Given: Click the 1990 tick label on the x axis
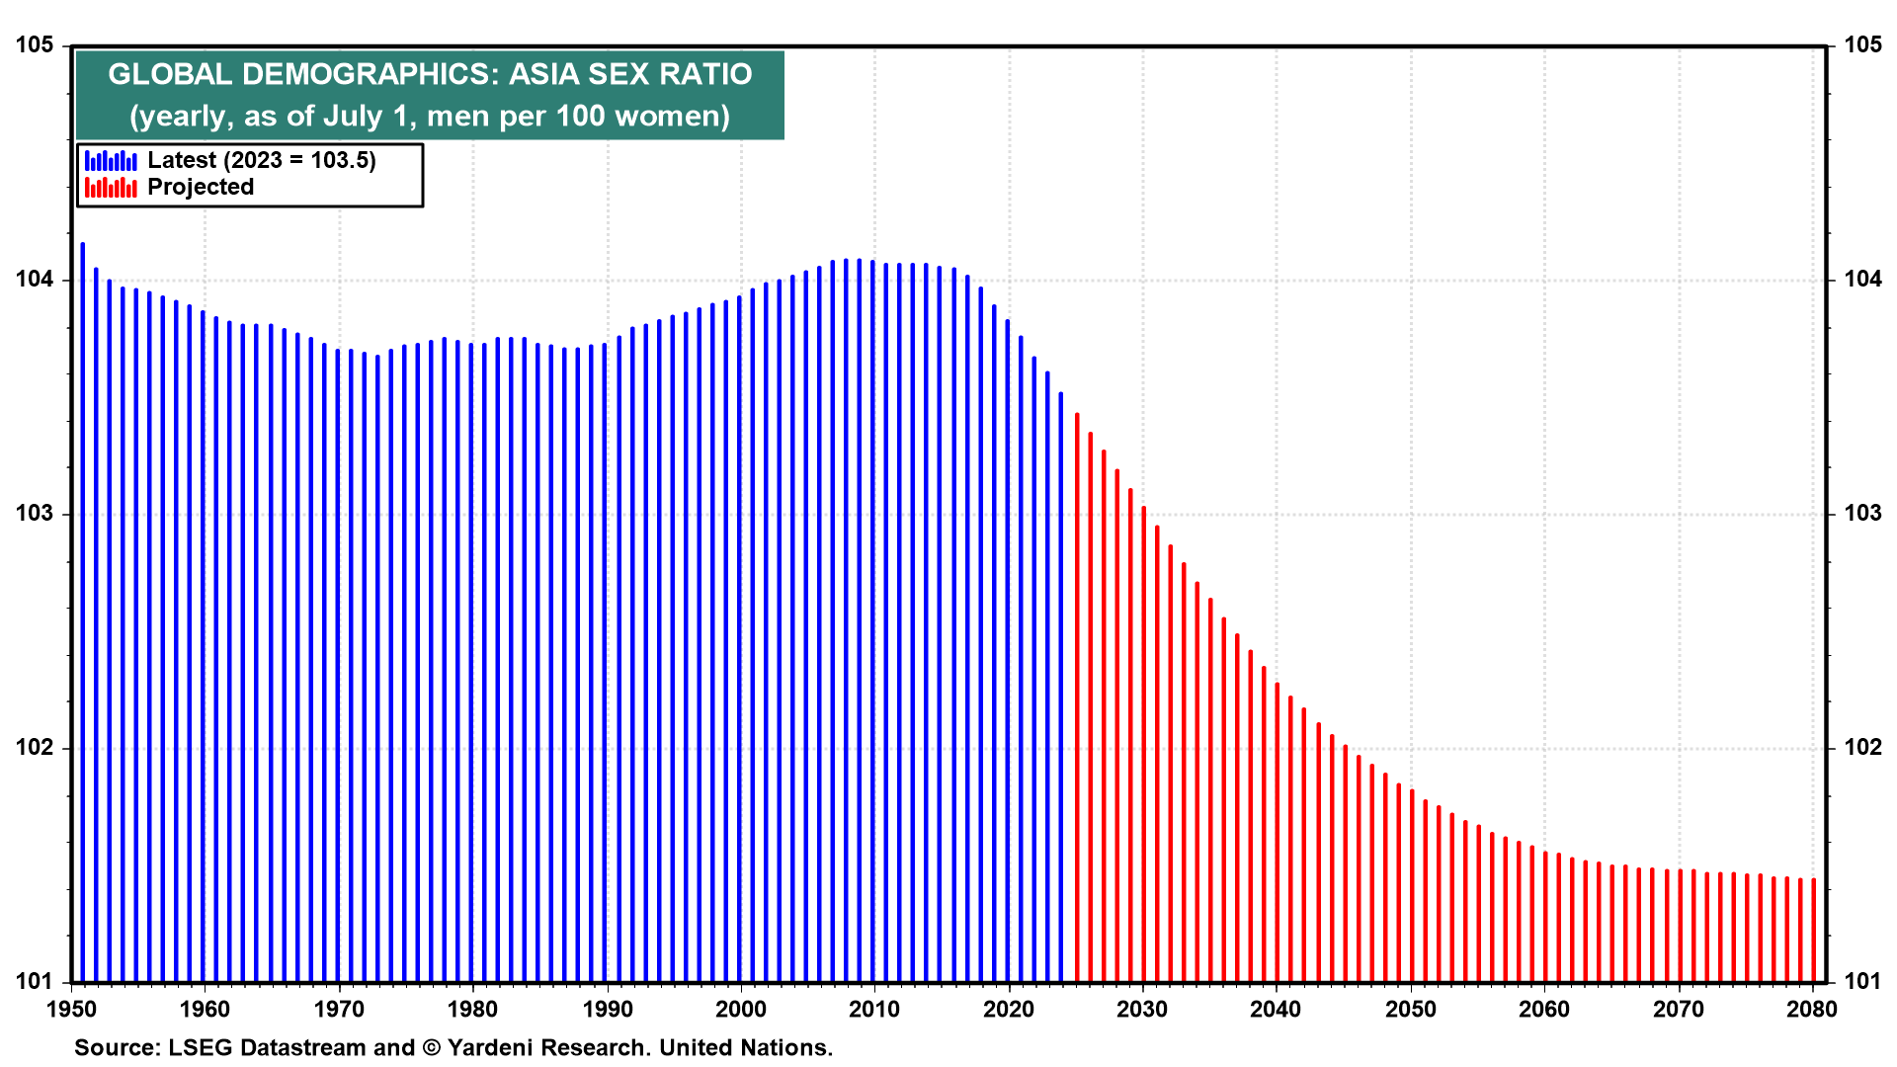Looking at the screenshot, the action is coord(608,1009).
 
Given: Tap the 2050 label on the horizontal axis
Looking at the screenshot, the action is coord(1410,1009).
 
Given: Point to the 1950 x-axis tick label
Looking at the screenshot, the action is coord(72,1009).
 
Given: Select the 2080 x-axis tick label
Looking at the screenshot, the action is coord(1812,1009).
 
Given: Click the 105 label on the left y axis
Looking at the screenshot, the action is coord(34,45).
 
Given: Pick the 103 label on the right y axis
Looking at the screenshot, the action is coord(1862,513).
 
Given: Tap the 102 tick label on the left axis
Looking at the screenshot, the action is coord(34,747).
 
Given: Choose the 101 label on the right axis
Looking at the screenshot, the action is coord(1862,981).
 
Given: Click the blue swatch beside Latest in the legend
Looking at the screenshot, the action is coord(111,160).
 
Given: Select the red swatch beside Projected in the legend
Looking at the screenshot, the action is coord(111,187).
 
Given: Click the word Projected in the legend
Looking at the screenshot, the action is coord(201,187).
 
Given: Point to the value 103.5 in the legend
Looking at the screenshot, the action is coord(339,160).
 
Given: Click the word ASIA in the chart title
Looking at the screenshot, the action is coord(544,74).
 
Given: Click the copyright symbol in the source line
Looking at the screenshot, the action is coord(431,1047).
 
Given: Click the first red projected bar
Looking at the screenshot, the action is coord(1077,698).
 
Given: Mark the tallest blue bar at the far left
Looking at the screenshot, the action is coord(83,613).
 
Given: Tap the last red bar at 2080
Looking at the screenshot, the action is coord(1813,930).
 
